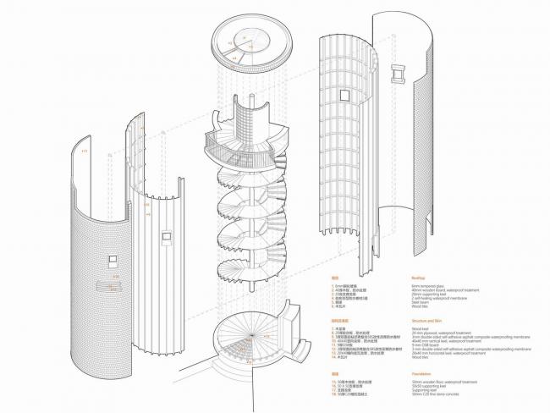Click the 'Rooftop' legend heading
[x=420, y=277]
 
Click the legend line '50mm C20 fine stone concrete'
[x=442, y=394]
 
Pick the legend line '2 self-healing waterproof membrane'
[x=444, y=299]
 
